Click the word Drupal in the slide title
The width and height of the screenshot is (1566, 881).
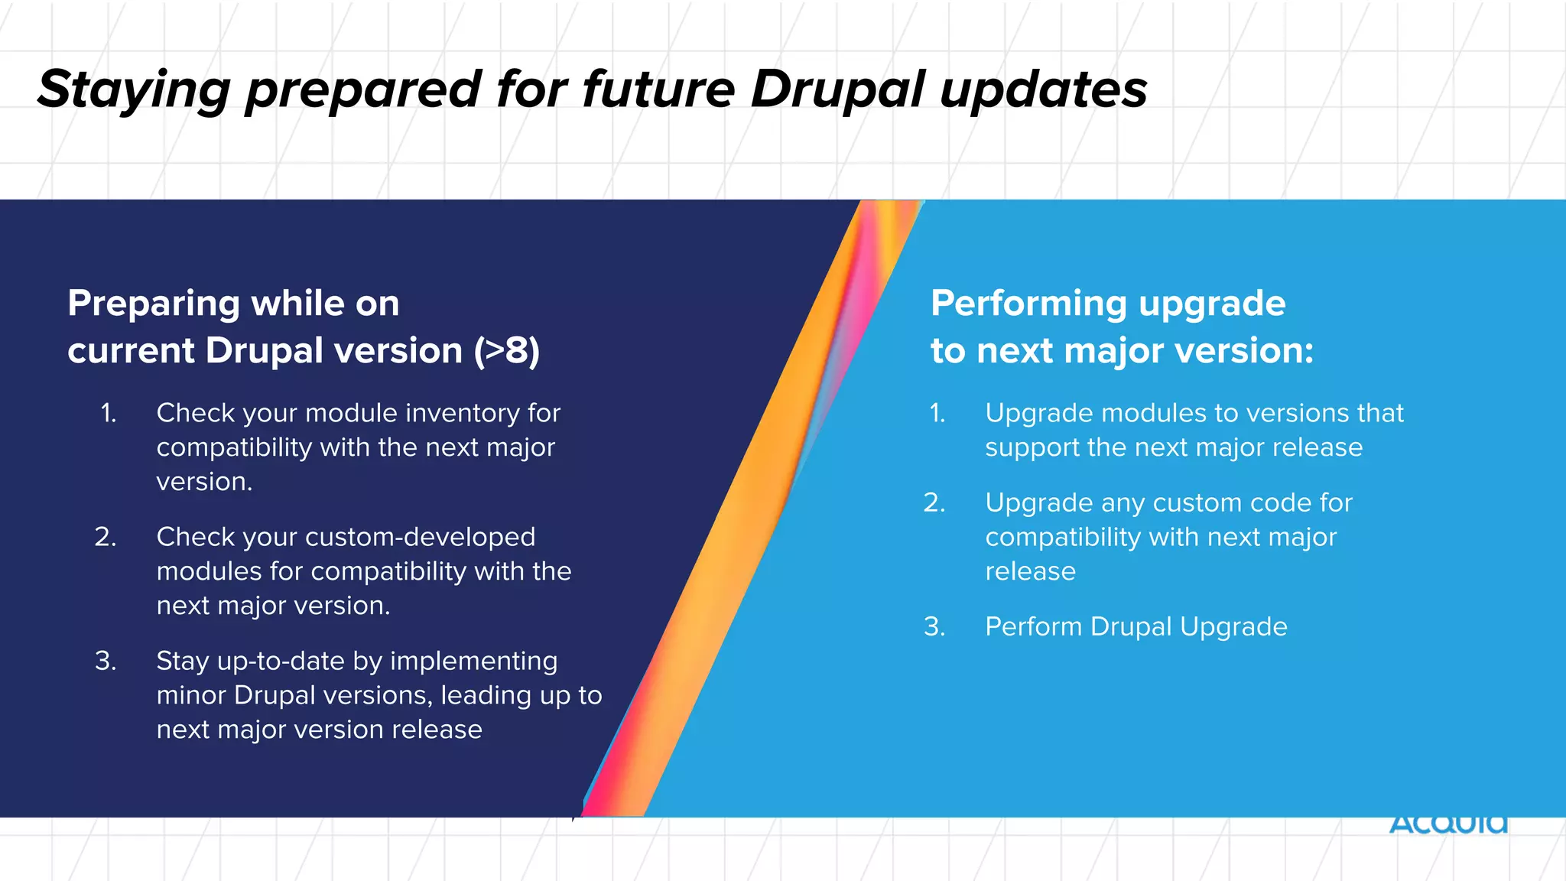(837, 89)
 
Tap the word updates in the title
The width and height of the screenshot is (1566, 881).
(1044, 91)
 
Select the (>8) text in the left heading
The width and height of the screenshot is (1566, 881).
(506, 351)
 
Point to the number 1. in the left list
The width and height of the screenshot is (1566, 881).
(109, 413)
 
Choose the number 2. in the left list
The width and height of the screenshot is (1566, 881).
(106, 537)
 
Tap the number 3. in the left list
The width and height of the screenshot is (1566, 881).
(106, 661)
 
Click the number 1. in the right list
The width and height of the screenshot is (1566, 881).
(937, 413)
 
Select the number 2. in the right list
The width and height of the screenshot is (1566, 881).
(934, 502)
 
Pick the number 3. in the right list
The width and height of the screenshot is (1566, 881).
(934, 626)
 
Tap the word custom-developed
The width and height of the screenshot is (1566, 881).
(421, 537)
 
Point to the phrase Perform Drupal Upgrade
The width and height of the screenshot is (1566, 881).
(1136, 626)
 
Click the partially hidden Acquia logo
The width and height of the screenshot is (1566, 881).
(1447, 824)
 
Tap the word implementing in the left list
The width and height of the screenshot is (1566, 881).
(473, 661)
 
